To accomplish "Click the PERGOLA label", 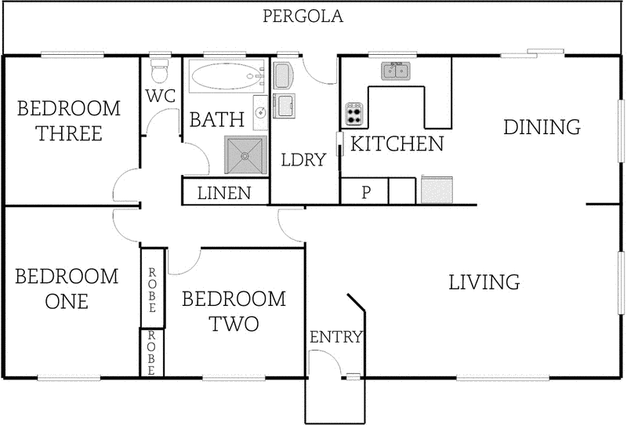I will click(x=303, y=16).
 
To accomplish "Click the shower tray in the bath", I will click(x=245, y=154).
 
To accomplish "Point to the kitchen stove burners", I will click(x=354, y=115).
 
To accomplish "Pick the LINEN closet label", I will click(x=225, y=193).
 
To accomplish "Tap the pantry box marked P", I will click(x=364, y=192).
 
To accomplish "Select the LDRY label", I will click(x=303, y=160).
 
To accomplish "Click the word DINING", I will click(x=542, y=126).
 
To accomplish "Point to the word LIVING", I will click(x=484, y=282).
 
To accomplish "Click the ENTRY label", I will click(x=336, y=337).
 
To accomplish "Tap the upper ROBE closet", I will click(x=153, y=288).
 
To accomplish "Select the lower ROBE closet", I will click(x=153, y=353).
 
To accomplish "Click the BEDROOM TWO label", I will click(x=234, y=311).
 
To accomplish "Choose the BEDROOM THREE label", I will click(x=69, y=121).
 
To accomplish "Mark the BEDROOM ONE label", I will click(x=67, y=289).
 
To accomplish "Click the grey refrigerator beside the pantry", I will click(x=437, y=191).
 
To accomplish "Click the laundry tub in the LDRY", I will click(x=285, y=103).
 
